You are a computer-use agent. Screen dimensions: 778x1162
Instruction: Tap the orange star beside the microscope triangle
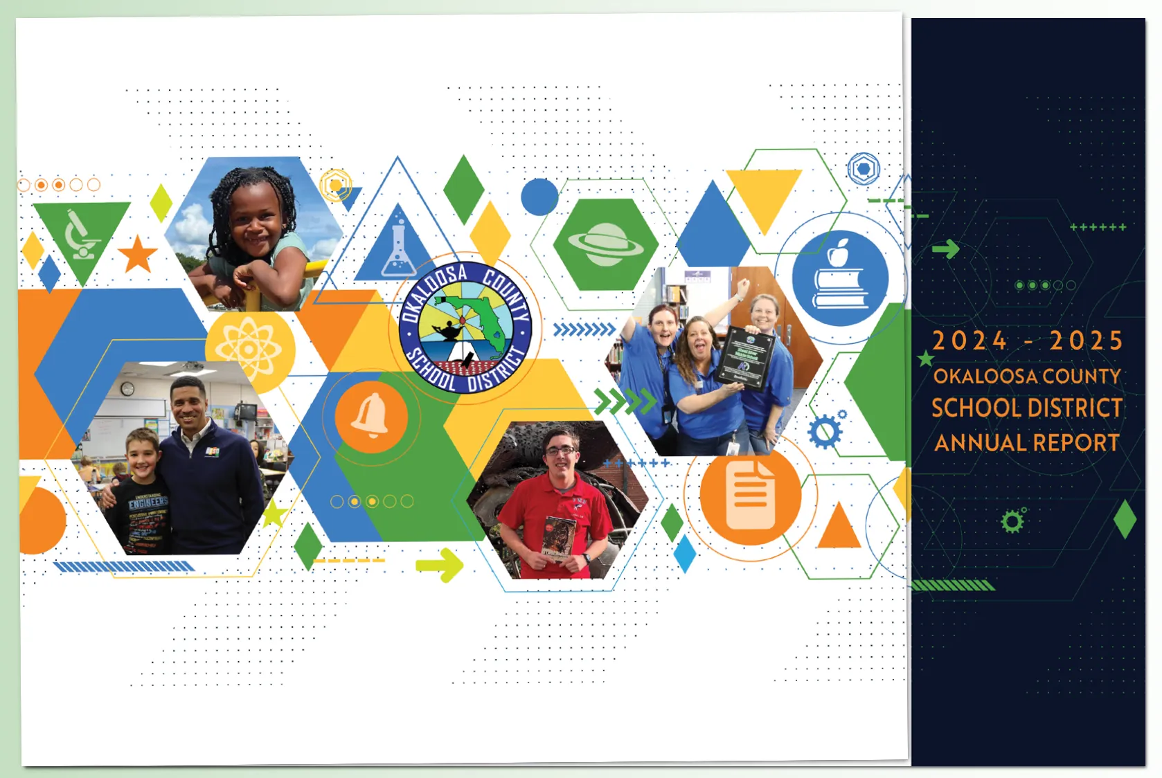tap(138, 254)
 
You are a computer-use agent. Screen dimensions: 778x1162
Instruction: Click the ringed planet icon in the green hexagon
tap(605, 244)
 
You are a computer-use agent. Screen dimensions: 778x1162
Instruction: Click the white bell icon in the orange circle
tap(370, 416)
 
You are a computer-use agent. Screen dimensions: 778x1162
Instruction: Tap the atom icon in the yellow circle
tap(249, 349)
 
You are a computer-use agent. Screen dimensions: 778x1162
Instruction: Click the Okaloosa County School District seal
tap(465, 327)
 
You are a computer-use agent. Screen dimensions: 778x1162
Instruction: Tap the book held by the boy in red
tap(558, 539)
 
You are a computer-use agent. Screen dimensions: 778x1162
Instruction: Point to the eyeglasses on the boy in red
tap(560, 451)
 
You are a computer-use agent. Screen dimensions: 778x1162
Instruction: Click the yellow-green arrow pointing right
tap(440, 565)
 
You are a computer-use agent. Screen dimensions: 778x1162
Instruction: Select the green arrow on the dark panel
tap(945, 248)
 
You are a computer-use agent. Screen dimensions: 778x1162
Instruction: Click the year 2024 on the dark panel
tap(969, 341)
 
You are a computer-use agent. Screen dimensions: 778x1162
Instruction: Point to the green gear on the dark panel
tap(1012, 521)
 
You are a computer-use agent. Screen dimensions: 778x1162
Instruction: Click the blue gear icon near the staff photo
tap(825, 432)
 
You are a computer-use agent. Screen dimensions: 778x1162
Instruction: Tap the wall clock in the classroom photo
tap(127, 389)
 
